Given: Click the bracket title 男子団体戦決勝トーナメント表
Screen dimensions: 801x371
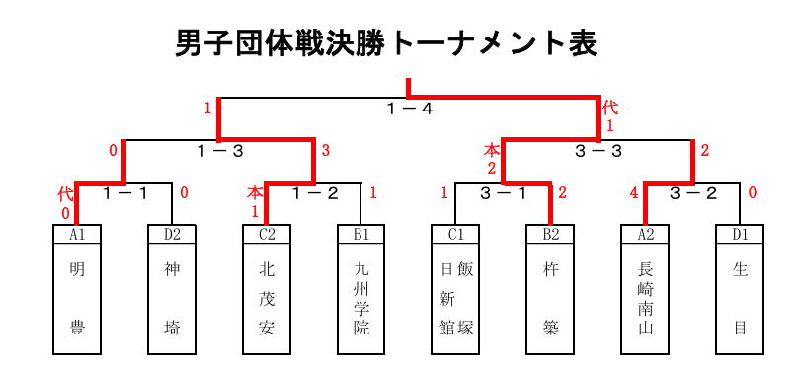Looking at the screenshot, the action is [386, 44].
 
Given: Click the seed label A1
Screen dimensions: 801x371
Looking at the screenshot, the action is [77, 234].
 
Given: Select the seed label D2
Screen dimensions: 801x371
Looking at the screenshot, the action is [172, 234].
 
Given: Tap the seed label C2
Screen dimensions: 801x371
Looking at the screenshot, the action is [267, 234].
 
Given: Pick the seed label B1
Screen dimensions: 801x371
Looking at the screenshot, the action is [361, 234].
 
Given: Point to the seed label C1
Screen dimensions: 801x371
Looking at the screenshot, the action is [455, 234].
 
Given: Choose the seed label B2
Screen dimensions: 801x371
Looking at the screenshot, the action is [550, 234].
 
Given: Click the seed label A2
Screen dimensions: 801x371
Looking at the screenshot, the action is [645, 234].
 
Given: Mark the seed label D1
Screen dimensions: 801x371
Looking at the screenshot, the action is [740, 234].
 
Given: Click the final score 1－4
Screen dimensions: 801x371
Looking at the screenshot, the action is [410, 109].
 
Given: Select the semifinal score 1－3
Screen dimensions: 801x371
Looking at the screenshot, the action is [220, 151].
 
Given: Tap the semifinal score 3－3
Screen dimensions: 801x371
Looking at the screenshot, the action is [599, 151].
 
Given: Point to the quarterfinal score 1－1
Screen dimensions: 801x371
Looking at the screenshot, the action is [125, 194].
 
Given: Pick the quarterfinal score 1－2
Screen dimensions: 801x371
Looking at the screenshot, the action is [315, 194].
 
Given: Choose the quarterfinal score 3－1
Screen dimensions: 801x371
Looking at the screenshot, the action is [504, 194].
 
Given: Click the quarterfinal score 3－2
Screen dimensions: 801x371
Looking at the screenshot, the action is [693, 194].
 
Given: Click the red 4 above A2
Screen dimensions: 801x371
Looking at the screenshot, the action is [635, 194].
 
